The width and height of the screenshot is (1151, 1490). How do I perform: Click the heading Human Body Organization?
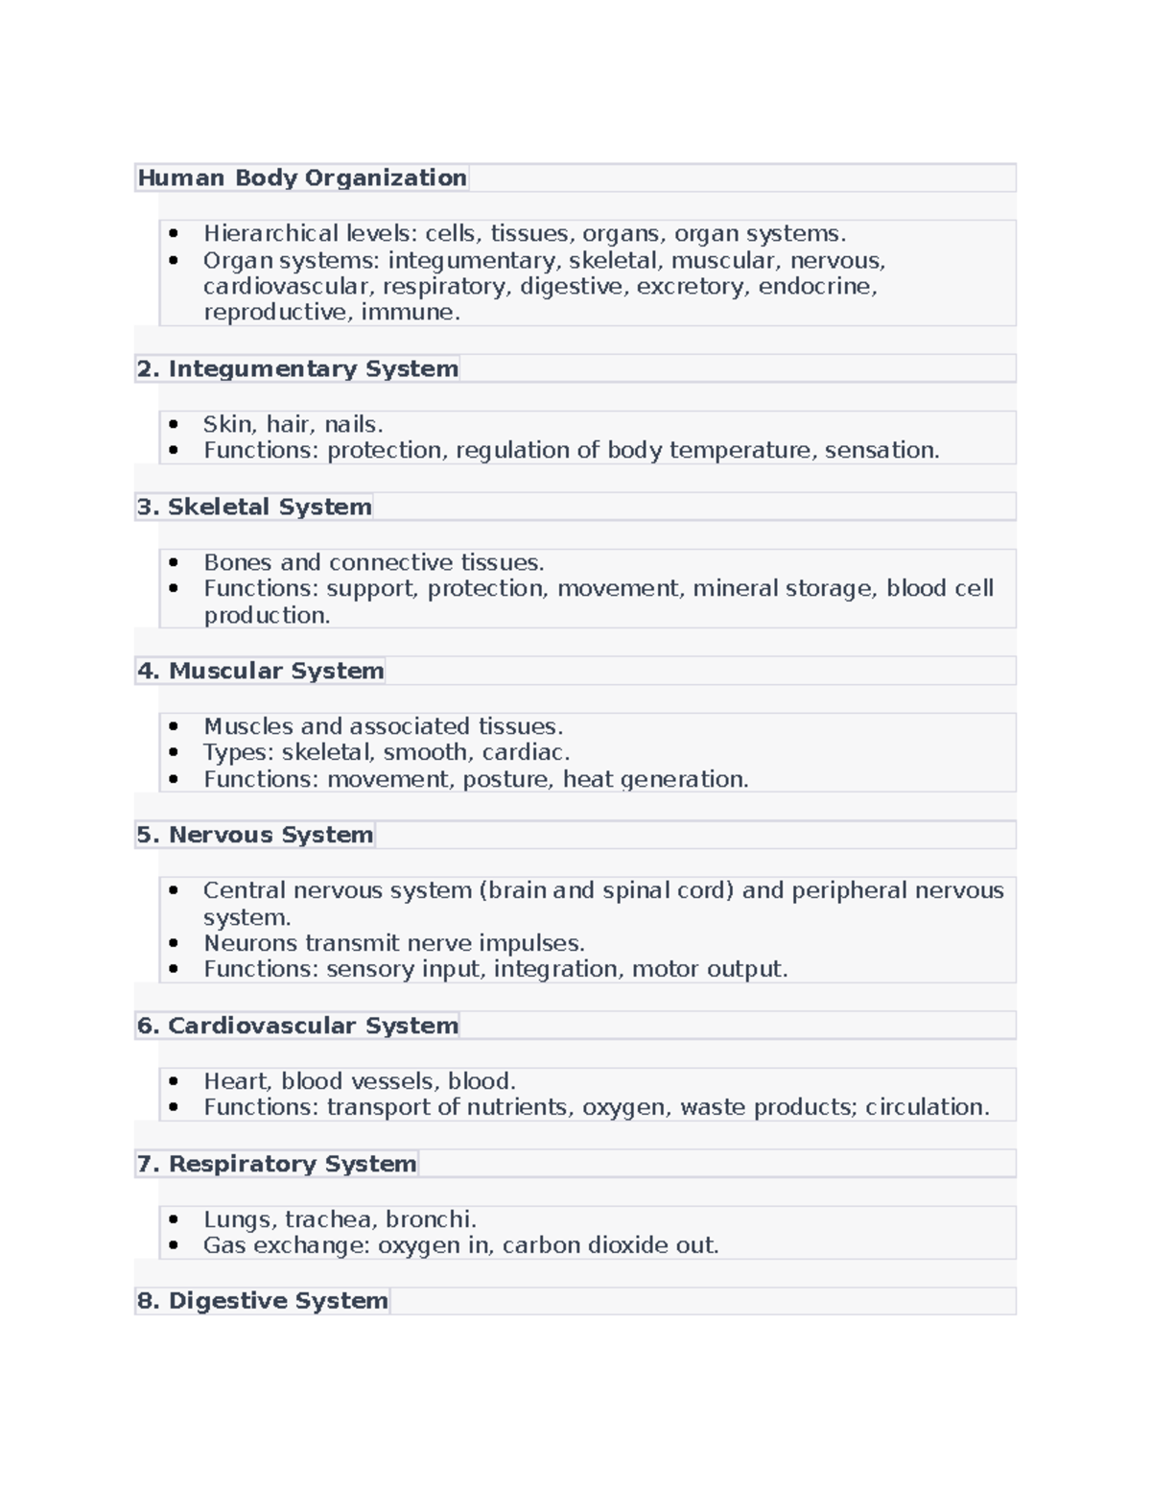tap(302, 178)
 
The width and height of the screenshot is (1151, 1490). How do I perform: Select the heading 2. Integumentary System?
tap(297, 369)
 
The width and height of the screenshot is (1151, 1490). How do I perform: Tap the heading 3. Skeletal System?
tap(254, 508)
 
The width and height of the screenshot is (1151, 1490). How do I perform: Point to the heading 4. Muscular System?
tap(261, 672)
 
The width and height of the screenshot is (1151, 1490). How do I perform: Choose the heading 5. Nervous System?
tap(255, 836)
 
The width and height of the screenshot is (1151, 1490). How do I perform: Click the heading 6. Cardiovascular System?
tap(297, 1027)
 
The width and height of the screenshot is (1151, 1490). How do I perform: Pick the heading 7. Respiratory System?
tap(277, 1165)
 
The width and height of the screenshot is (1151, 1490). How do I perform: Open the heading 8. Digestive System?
tap(263, 1302)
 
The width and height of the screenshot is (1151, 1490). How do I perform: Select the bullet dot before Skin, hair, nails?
tap(173, 424)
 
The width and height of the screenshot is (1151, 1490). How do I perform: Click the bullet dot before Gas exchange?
tap(173, 1246)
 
